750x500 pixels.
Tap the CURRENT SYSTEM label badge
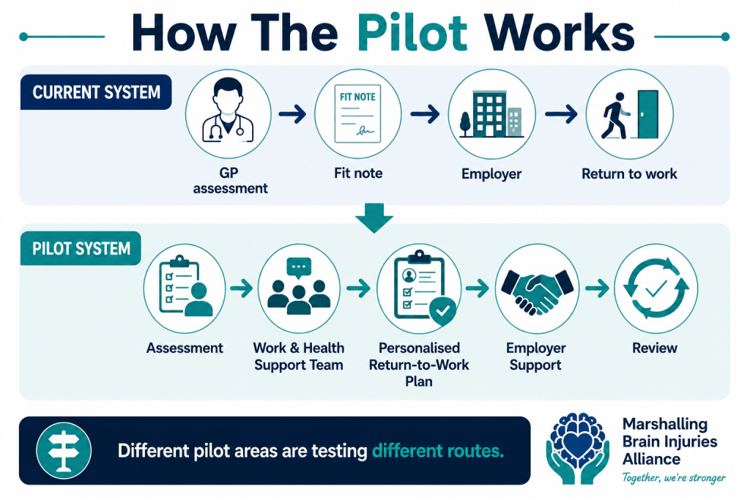(x=96, y=92)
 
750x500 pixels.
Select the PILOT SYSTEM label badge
(x=81, y=248)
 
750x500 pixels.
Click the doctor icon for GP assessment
(x=229, y=111)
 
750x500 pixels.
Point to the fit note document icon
(x=357, y=113)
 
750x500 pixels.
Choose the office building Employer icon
(x=491, y=115)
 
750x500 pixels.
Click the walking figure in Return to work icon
(x=615, y=116)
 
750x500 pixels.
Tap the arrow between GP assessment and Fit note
(x=292, y=114)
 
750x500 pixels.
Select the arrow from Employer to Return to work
(x=561, y=114)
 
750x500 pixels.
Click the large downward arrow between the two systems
(x=374, y=217)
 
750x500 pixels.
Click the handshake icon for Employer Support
(x=537, y=292)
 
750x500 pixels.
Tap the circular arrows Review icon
(x=656, y=288)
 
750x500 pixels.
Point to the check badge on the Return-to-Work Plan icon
(x=442, y=310)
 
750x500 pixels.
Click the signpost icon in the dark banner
(x=64, y=451)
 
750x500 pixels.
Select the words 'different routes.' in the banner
(x=438, y=451)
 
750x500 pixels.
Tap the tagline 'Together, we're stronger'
(x=674, y=477)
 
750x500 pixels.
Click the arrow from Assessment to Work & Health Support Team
(x=242, y=288)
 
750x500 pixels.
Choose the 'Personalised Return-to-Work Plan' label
(x=419, y=365)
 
